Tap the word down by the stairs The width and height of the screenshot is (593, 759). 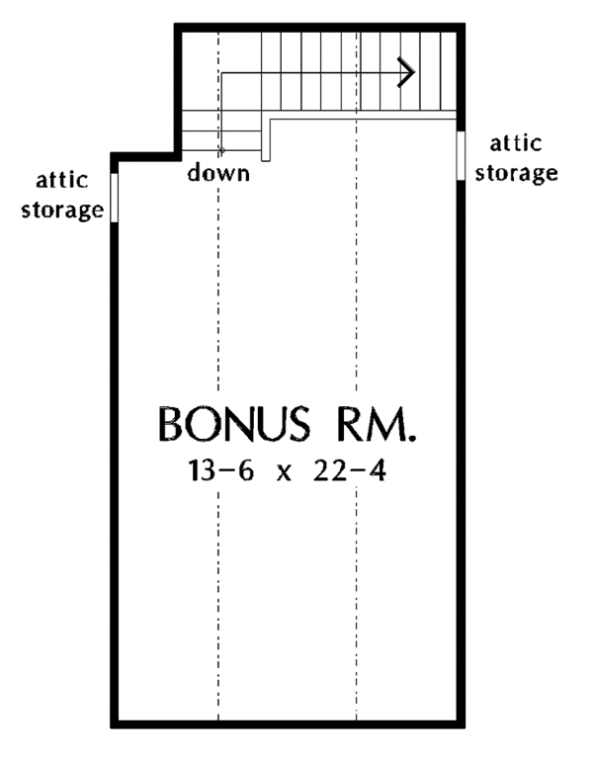(218, 174)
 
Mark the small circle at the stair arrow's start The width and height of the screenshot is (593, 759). (221, 151)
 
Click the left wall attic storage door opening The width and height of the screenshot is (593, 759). (115, 198)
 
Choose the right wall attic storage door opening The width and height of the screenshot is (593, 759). (461, 154)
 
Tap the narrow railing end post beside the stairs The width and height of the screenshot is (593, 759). (265, 139)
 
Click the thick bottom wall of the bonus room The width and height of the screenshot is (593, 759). (287, 723)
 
